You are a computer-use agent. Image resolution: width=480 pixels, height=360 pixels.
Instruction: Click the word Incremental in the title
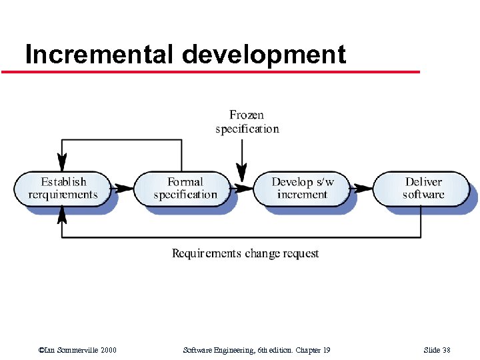[x=100, y=54]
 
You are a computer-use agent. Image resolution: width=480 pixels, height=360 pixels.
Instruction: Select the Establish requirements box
[x=63, y=188]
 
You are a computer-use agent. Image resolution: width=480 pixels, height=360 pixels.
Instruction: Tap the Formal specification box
[x=185, y=188]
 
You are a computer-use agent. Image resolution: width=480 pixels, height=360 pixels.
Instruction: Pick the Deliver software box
[x=423, y=188]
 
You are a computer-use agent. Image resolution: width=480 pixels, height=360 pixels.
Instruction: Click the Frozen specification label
[x=247, y=122]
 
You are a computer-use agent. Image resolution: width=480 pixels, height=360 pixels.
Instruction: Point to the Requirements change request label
[x=245, y=253]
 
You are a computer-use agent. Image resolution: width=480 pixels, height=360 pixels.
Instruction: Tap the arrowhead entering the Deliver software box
[x=364, y=189]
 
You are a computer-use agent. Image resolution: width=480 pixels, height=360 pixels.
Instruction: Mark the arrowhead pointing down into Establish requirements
[x=62, y=163]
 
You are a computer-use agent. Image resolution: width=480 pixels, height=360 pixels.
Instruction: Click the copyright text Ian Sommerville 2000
[x=78, y=350]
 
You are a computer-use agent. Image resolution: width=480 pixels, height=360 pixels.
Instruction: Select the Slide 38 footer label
[x=437, y=350]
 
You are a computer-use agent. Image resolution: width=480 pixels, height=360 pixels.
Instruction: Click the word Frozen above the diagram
[x=247, y=115]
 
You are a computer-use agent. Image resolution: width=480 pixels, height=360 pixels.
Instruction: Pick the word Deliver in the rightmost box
[x=423, y=182]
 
